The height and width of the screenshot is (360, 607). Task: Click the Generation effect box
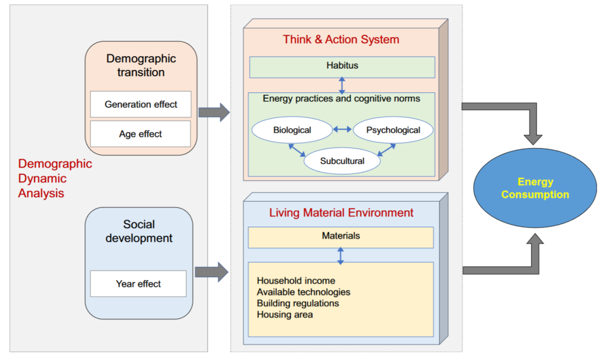coord(141,104)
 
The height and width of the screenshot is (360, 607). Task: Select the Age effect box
coord(141,134)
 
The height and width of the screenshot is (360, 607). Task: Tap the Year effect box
coord(138,284)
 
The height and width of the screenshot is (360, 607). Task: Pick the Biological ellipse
coord(292,130)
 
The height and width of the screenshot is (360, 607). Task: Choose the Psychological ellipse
coord(393,130)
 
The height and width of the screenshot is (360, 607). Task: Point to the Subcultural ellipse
coord(342,161)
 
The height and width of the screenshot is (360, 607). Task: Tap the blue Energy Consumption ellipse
coord(535,188)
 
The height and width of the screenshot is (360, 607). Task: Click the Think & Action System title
coord(341,40)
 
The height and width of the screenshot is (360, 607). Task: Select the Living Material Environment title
coord(341,213)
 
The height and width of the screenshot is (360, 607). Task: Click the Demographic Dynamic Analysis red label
coord(55,178)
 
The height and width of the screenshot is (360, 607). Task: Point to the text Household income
coord(296,281)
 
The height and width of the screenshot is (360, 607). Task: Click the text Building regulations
coord(298,303)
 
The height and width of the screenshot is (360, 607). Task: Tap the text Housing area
coord(285,314)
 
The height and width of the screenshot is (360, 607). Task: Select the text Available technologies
coord(303,292)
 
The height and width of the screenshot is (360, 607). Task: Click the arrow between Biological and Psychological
coord(343,129)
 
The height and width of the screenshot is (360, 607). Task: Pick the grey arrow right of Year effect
coord(212,272)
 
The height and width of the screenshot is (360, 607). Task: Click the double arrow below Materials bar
coord(340,255)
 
